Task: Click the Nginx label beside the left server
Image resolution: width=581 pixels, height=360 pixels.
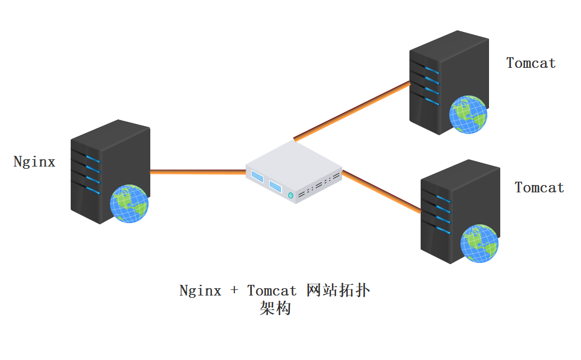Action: [35, 162]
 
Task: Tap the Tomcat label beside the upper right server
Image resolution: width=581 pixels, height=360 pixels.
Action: [531, 63]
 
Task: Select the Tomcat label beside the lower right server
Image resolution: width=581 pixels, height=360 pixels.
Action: [539, 187]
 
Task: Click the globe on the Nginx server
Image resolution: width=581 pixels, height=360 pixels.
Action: [129, 204]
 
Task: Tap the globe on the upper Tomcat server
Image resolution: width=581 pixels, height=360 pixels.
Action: [468, 114]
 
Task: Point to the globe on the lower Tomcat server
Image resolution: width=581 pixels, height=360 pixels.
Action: [479, 243]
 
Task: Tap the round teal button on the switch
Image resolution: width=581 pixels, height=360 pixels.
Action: [290, 195]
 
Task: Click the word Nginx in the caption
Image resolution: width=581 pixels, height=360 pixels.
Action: [200, 290]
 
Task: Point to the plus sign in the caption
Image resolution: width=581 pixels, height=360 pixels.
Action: [234, 291]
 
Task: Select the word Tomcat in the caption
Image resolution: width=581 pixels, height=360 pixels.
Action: [271, 290]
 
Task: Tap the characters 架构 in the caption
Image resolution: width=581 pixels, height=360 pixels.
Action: [275, 308]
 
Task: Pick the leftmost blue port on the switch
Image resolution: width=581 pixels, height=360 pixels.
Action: [257, 177]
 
